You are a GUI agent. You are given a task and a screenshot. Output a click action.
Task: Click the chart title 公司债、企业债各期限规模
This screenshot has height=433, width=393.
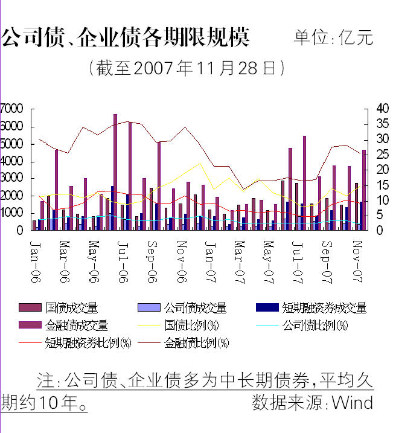click(x=126, y=37)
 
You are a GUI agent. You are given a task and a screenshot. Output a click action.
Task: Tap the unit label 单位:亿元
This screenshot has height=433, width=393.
click(x=334, y=37)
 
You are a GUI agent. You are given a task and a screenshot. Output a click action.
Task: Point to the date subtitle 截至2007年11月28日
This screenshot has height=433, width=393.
click(x=186, y=68)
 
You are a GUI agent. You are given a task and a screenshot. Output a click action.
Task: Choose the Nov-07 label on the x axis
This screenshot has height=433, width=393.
click(x=357, y=257)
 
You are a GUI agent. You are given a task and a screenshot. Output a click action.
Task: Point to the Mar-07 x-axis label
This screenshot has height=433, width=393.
click(x=240, y=257)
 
